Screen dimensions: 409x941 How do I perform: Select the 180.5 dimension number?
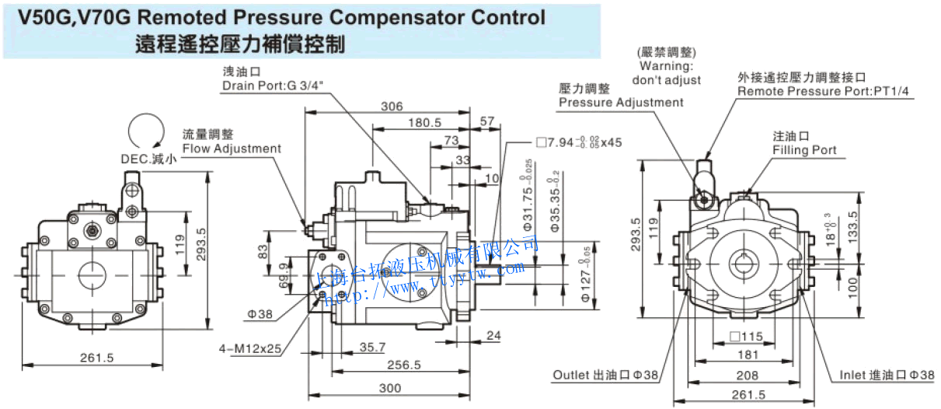(x=424, y=122)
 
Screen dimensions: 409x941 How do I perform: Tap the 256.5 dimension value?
(x=404, y=365)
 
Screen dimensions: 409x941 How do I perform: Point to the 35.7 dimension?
(x=373, y=347)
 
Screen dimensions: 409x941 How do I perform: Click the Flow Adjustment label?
(x=232, y=149)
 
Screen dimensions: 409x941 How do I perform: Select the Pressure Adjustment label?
(x=621, y=102)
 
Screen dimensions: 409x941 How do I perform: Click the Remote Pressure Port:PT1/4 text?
(x=823, y=92)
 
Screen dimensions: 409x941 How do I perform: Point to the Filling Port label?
(x=804, y=149)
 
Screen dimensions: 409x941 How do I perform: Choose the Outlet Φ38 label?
(x=605, y=375)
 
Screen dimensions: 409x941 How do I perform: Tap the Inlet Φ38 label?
(x=886, y=375)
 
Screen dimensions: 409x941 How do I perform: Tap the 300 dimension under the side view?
(x=390, y=388)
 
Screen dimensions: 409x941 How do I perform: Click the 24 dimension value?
(x=493, y=336)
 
